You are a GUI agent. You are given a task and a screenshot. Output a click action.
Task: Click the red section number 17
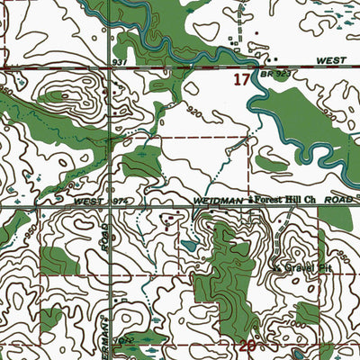240,80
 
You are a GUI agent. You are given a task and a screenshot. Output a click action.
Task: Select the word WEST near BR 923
331,59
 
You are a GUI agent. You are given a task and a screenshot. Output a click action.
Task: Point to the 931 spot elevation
119,61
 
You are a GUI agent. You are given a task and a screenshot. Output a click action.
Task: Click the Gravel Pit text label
296,266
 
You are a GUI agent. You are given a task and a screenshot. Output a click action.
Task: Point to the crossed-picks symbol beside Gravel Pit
275,265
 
